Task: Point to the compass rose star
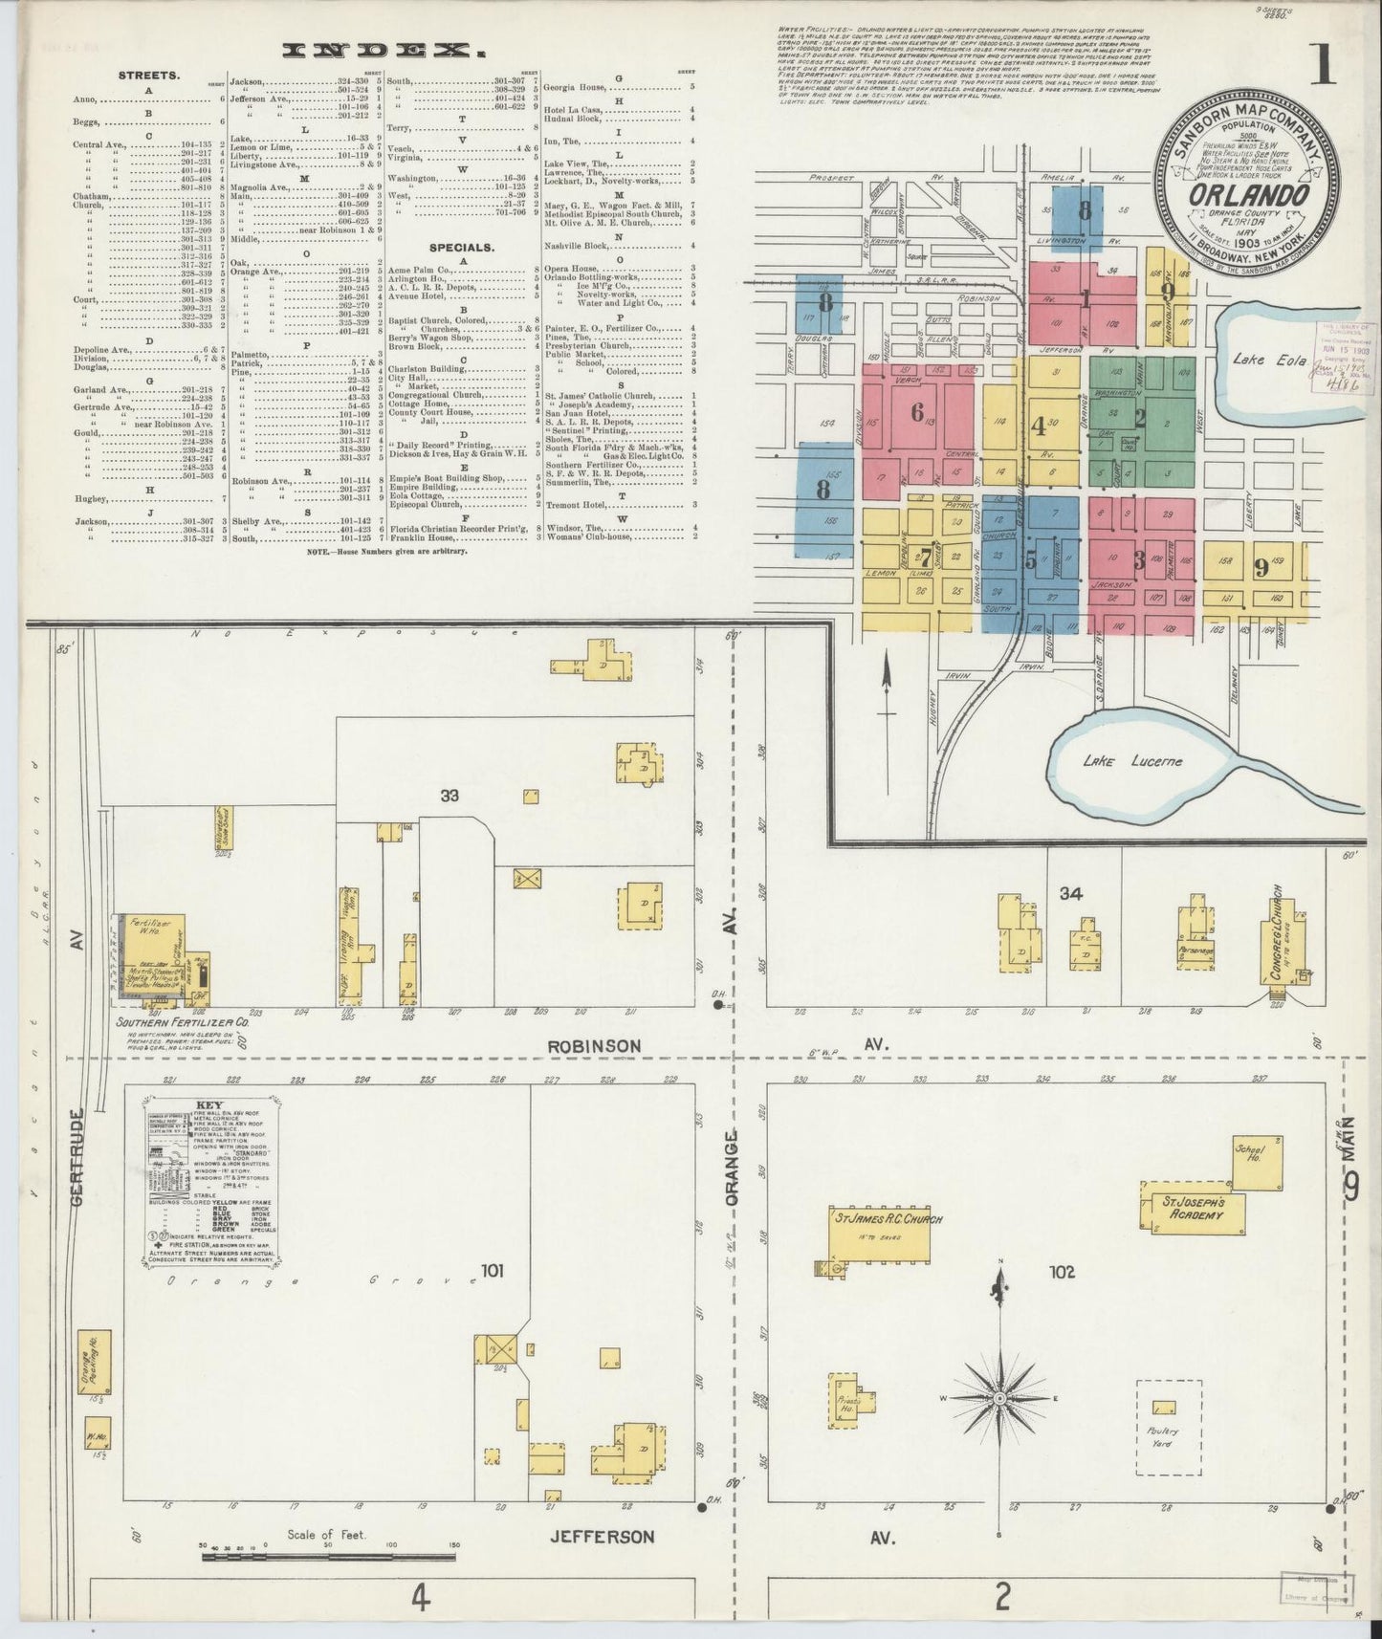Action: [998, 1397]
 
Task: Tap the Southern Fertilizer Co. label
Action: [182, 1022]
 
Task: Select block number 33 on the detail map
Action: [450, 795]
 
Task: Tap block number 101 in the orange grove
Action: [492, 1272]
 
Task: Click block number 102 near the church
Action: [1062, 1272]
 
